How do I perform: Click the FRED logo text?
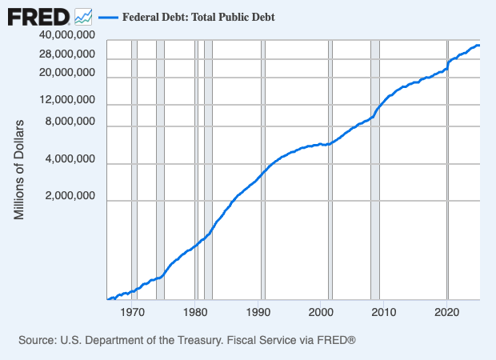point(38,15)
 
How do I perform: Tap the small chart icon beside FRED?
point(83,15)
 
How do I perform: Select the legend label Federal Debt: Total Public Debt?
point(198,16)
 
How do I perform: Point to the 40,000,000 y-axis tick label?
point(67,36)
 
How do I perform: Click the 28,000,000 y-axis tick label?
point(67,54)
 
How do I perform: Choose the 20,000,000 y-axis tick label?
point(67,73)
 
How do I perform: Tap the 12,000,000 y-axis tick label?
point(67,101)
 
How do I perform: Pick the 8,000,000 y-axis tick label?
point(70,122)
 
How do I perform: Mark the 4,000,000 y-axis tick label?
point(70,160)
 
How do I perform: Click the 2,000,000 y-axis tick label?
point(70,197)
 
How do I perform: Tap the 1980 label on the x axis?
point(196,312)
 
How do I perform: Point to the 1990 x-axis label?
point(258,312)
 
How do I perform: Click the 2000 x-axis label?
point(321,312)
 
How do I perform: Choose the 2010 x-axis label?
point(383,312)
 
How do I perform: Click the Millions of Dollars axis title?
point(20,170)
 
